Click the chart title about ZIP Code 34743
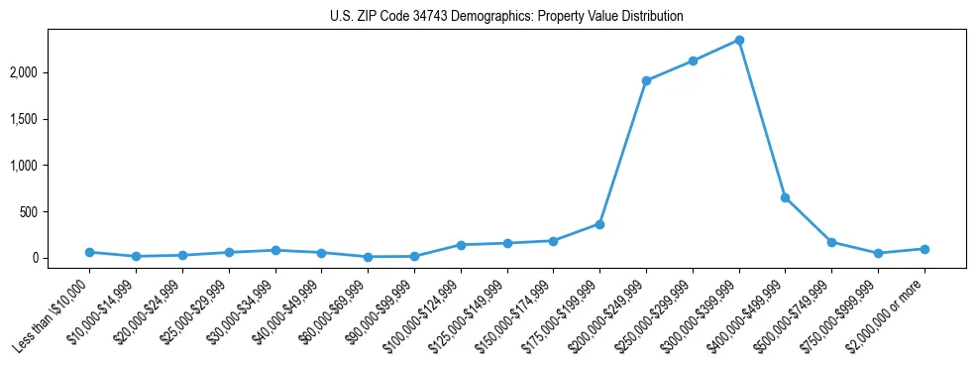tap(507, 17)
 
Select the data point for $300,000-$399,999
tap(739, 41)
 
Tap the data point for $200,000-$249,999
tap(646, 81)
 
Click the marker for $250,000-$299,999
tap(693, 61)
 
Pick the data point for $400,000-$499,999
tap(785, 197)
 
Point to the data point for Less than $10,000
tap(89, 252)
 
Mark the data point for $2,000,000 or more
tap(924, 249)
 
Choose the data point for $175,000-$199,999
tap(599, 224)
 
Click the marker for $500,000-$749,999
tap(831, 242)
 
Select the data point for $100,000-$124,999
tap(461, 245)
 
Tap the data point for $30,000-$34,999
tap(275, 250)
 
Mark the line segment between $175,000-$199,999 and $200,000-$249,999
tap(623, 153)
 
